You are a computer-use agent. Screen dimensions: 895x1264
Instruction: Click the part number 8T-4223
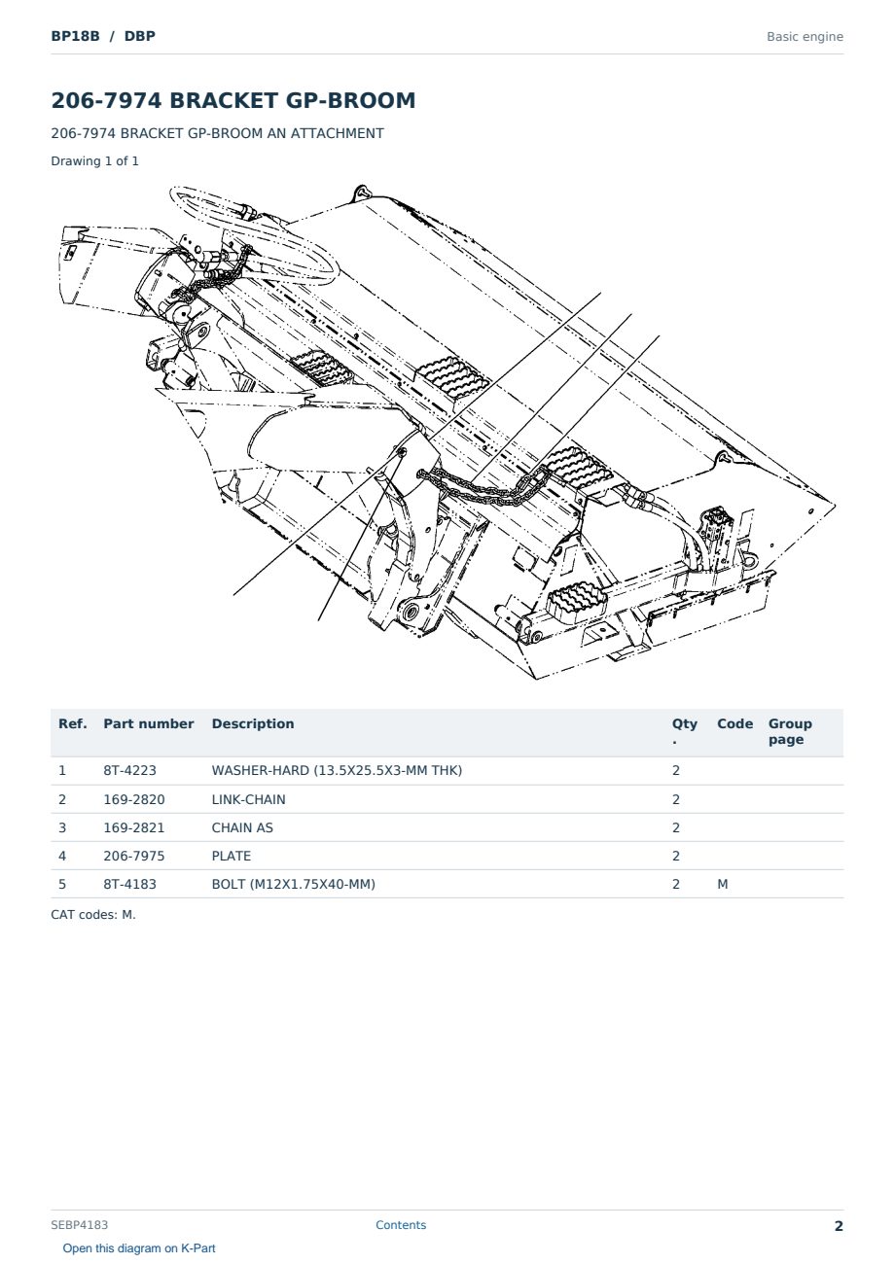(130, 770)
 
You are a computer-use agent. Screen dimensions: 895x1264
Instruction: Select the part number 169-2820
(134, 799)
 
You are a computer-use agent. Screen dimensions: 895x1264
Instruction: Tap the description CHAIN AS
(242, 827)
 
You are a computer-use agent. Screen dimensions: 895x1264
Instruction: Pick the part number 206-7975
(134, 856)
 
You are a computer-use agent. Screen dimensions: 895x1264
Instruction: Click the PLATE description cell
(231, 856)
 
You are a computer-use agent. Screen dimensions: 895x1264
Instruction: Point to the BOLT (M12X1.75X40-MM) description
(293, 884)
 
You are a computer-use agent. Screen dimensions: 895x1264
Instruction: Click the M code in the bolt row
(722, 884)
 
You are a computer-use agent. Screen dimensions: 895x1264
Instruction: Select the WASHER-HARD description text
(337, 770)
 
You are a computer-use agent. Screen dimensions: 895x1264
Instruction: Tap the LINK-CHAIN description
(248, 799)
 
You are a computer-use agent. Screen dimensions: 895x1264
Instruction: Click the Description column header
(252, 724)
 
